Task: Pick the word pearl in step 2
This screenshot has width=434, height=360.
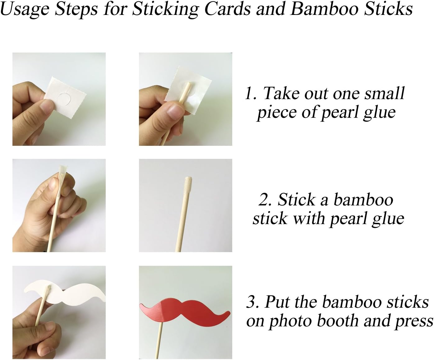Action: [345, 219]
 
